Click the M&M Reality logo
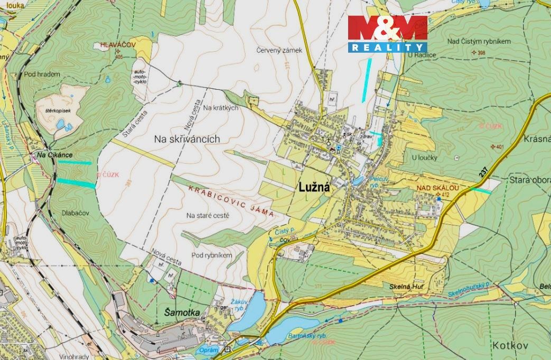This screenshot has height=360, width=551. (387, 33)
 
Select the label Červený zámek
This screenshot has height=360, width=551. (279, 51)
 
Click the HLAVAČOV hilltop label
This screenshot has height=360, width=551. (118, 46)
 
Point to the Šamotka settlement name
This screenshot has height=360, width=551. (179, 312)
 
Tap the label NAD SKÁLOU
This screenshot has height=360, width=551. (437, 188)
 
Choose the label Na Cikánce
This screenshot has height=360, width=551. (54, 155)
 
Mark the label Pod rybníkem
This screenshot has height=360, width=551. (212, 255)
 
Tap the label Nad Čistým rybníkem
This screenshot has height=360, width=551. (479, 41)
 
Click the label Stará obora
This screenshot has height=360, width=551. (529, 180)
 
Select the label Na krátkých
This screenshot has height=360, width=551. (221, 108)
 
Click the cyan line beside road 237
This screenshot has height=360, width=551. (481, 191)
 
